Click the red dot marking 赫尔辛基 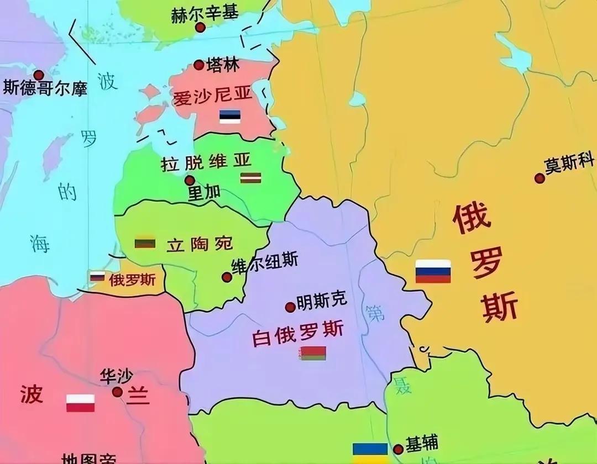pos(200,27)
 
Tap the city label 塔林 pos(222,65)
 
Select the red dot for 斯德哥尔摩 pos(39,75)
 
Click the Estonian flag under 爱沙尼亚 pos(229,117)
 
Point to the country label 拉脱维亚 pos(206,162)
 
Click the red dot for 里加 pos(190,180)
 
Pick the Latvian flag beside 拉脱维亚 pos(250,178)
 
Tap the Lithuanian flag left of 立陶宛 pos(145,243)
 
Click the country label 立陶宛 pos(200,244)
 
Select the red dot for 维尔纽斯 pos(227,277)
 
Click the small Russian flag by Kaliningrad pos(97,276)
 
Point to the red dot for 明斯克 pos(290,307)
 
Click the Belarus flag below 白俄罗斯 pos(312,353)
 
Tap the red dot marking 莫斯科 pos(540,178)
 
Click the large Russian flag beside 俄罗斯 pos(433,271)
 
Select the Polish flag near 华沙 pos(80,403)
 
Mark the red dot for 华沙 pos(117,392)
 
